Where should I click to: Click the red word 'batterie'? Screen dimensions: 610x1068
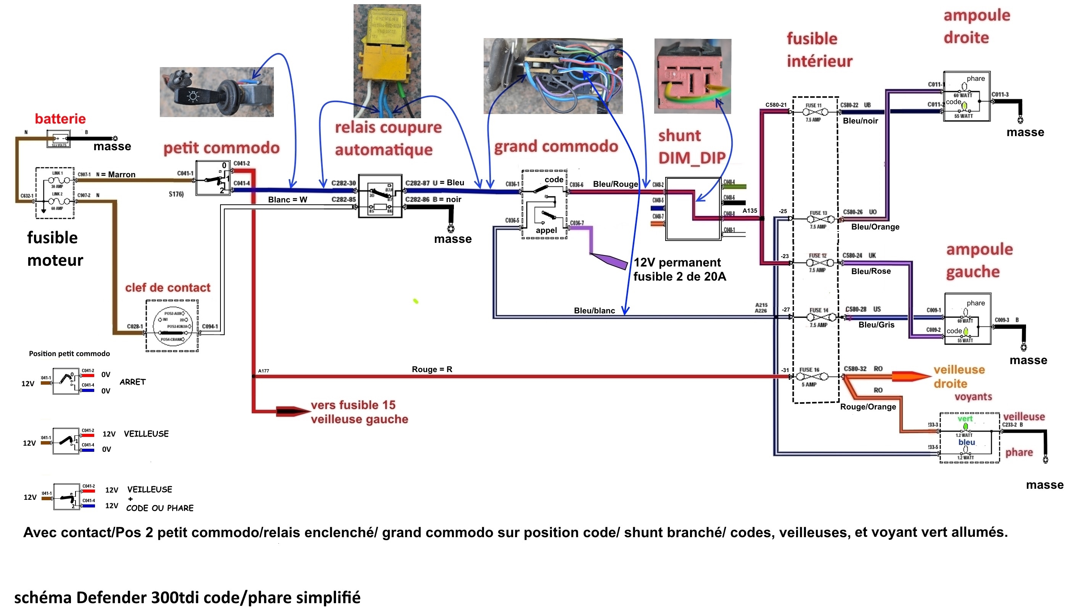60,119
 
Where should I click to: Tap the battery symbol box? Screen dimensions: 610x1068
58,139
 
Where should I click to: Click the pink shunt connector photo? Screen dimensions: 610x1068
692,76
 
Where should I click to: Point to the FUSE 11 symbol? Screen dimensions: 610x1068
815,112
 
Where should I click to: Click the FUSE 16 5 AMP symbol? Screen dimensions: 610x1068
812,377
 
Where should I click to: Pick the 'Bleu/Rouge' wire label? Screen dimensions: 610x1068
615,185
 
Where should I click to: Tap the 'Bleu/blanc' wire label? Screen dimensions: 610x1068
594,311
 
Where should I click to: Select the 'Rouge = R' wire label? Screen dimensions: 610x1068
432,369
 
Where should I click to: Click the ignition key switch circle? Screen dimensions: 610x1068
172,326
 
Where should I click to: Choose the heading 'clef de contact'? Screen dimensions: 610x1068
168,288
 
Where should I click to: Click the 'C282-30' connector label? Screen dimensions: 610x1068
343,183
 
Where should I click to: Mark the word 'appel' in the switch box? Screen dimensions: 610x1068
546,230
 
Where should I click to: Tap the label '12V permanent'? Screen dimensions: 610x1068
677,263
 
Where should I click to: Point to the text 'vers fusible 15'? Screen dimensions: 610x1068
353,405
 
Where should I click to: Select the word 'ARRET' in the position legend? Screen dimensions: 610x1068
132,382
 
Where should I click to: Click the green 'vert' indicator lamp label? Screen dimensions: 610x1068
965,419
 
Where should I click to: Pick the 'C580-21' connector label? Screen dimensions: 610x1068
776,105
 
